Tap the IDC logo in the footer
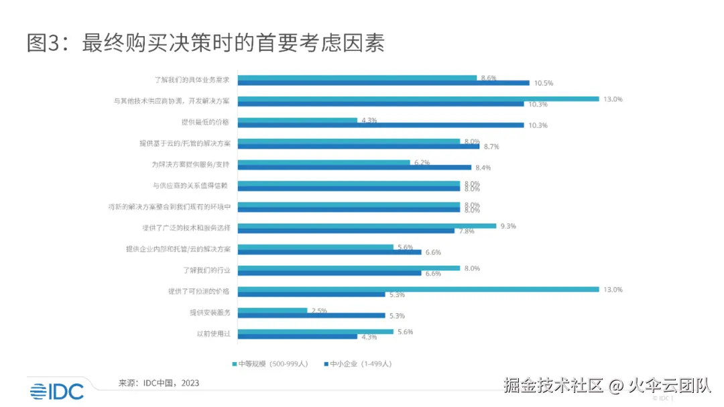56,390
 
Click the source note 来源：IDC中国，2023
158,383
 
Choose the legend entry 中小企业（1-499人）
358,363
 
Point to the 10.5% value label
544,83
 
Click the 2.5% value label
318,310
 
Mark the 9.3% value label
507,226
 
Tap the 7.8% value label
466,231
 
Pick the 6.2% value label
421,162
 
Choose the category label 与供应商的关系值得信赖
192,185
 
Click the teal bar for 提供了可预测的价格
418,290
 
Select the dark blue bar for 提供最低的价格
381,125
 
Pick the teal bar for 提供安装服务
272,310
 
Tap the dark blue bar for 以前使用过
298,337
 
